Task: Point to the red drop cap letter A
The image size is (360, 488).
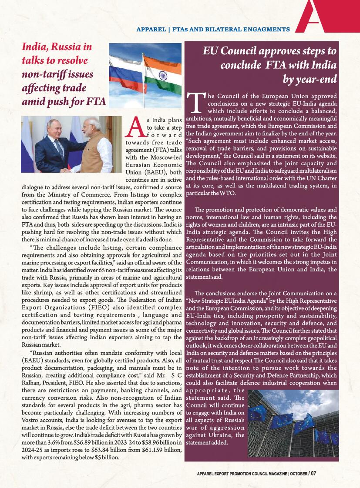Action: pyautogui.click(x=136, y=126)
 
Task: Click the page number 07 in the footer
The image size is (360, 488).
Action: pyautogui.click(x=313, y=473)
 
